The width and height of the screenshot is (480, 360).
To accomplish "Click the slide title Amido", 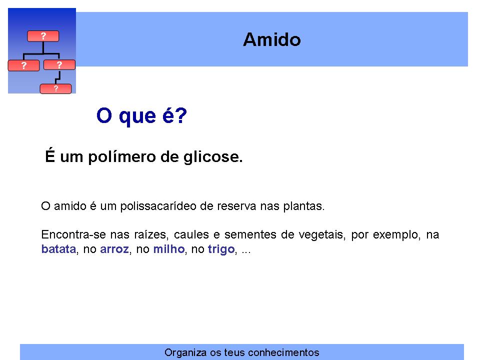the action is (x=272, y=40).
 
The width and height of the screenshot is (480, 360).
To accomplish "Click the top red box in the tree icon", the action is (x=43, y=36).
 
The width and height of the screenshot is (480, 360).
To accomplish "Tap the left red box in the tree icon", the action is (x=23, y=65).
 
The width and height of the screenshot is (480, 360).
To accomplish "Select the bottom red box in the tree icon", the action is (x=55, y=89).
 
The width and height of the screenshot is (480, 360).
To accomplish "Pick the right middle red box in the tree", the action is (x=59, y=65).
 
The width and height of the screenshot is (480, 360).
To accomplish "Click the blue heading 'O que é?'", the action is (x=141, y=115).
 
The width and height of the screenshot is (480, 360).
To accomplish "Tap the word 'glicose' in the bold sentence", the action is (x=213, y=157).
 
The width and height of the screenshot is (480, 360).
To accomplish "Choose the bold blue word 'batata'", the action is (x=58, y=249).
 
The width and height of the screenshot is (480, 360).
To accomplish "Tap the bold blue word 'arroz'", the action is (x=114, y=249).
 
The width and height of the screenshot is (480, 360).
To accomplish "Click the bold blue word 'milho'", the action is (x=169, y=249).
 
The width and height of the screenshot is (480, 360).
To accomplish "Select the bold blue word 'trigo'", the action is (x=221, y=249).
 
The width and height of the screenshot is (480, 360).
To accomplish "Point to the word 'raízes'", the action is (x=150, y=235).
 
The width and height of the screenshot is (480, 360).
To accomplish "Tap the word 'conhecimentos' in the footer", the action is (x=283, y=352).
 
